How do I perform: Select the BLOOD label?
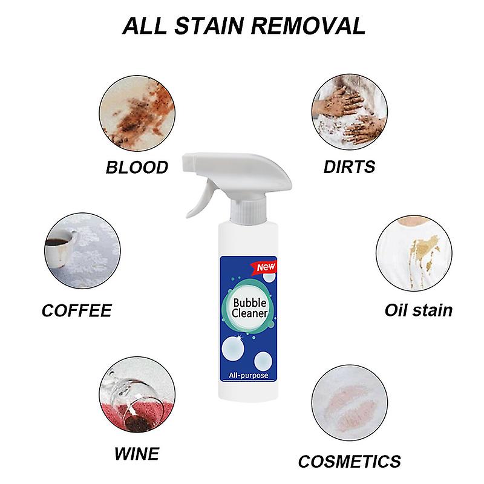pos(137,167)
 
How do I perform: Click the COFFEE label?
pos(76,311)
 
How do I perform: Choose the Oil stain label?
pos(418,310)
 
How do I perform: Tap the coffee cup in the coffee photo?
pos(60,248)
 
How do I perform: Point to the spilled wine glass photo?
pos(137,396)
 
